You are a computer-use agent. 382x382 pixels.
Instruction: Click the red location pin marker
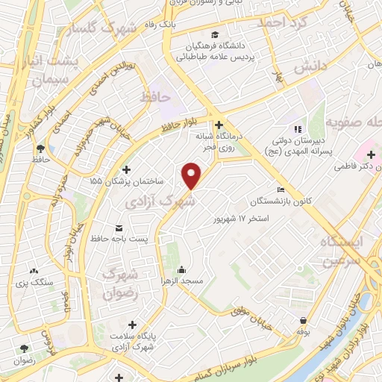[192, 175]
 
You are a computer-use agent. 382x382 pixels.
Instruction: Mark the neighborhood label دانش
[310, 67]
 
